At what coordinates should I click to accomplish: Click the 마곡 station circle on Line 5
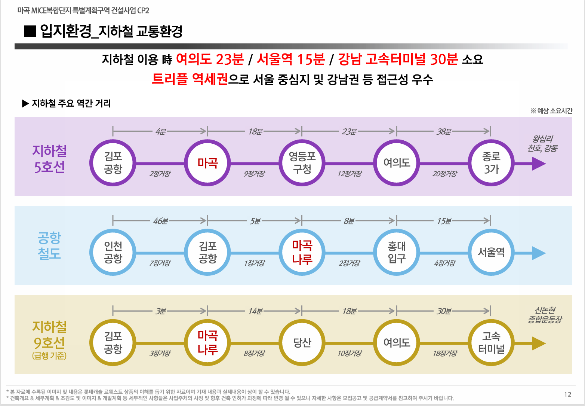coord(207,163)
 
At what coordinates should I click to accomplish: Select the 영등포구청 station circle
coord(302,163)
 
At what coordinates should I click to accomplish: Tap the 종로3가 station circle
coord(491,163)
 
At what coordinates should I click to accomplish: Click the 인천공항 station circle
coord(113,253)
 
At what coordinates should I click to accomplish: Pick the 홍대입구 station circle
coord(397,253)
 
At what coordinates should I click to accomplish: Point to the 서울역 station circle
coord(491,253)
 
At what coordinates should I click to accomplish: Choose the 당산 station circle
coord(302,342)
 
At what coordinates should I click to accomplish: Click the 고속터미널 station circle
coord(491,342)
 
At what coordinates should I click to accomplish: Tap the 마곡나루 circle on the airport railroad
coord(302,253)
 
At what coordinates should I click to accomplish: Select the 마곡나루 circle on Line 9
coord(207,342)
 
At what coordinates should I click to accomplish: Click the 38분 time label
coord(444,131)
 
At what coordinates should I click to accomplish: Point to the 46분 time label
coord(160,221)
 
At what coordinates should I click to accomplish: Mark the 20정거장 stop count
coord(444,174)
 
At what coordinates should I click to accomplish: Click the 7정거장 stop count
coord(160,263)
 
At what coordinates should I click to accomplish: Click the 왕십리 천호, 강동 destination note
coord(542,144)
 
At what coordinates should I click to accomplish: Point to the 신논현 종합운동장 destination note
coord(545,315)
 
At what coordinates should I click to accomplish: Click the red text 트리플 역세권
coord(190,79)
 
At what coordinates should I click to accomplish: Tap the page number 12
coord(567,394)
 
